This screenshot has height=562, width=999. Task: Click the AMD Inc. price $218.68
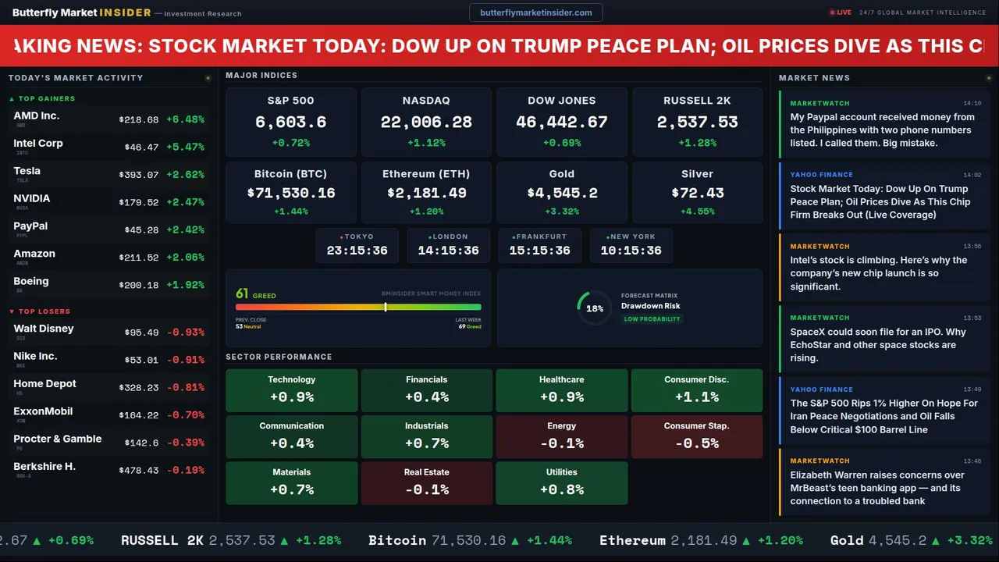[139, 119]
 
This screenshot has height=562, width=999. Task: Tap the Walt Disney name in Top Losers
[44, 329]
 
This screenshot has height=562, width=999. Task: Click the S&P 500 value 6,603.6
[291, 122]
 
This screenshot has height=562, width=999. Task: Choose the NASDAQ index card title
[426, 101]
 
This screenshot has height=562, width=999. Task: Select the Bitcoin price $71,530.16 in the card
[291, 193]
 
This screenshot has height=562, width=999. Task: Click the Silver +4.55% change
[697, 212]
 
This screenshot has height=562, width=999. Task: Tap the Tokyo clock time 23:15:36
[357, 251]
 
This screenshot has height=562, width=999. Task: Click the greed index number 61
[242, 294]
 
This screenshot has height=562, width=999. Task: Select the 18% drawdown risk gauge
[594, 308]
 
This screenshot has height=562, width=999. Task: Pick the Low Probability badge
[652, 319]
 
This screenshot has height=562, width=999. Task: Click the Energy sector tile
[561, 436]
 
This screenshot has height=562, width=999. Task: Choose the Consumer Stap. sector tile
[696, 436]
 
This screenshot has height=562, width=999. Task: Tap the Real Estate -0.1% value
[426, 490]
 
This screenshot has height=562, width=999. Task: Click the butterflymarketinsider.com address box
[535, 12]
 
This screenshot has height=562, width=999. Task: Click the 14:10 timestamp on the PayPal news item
[972, 103]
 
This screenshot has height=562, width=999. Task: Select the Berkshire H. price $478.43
[139, 471]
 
